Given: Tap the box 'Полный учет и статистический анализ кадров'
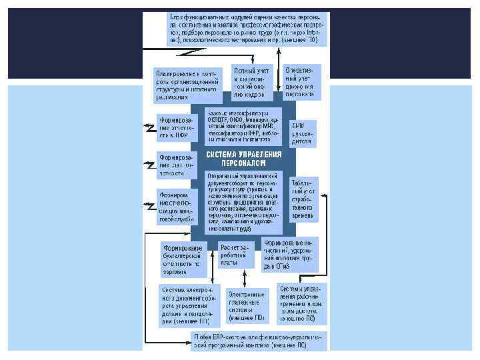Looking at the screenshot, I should (x=250, y=82).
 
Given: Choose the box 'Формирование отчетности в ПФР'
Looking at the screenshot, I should (x=175, y=128).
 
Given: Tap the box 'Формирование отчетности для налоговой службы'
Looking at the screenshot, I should (x=175, y=205).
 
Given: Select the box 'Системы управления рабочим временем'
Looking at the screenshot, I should (x=302, y=303).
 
